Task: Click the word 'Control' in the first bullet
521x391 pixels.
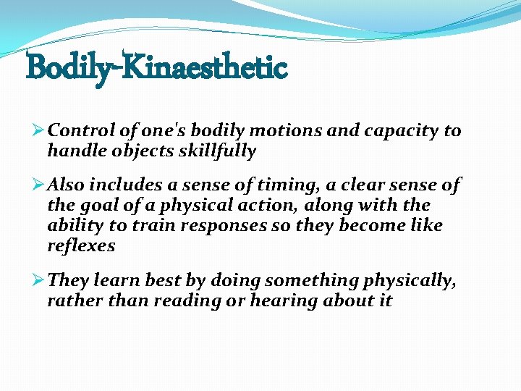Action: point(79,131)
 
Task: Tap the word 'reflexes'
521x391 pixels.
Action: point(81,245)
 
